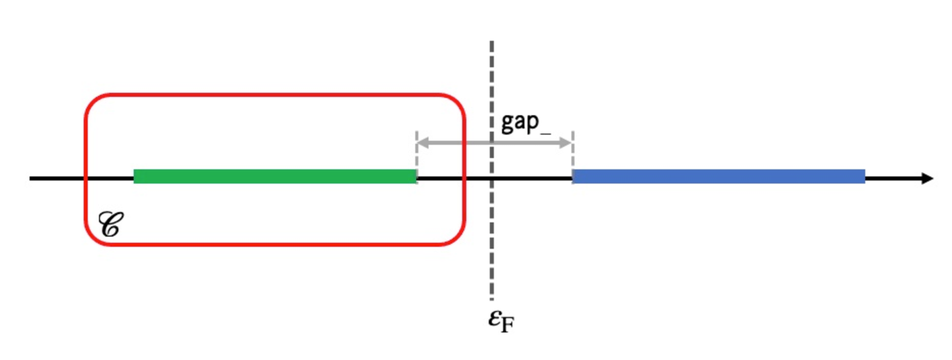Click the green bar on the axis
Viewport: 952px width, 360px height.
(x=275, y=176)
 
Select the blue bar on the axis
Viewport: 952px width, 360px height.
(x=718, y=176)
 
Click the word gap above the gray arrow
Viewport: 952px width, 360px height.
(x=525, y=123)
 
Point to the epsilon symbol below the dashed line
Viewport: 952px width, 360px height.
(x=495, y=318)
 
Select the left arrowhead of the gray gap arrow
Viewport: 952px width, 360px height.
(x=422, y=142)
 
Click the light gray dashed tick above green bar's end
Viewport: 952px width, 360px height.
(x=417, y=151)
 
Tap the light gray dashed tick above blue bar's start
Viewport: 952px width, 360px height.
(x=572, y=151)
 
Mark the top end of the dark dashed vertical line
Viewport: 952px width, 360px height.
(x=492, y=42)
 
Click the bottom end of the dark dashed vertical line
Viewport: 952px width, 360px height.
(x=492, y=298)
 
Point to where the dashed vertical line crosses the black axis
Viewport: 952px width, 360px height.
(x=492, y=178)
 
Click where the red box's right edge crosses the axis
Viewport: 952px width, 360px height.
(x=464, y=178)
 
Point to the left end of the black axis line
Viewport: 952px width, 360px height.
(x=31, y=178)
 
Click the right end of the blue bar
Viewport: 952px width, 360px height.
(x=863, y=176)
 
